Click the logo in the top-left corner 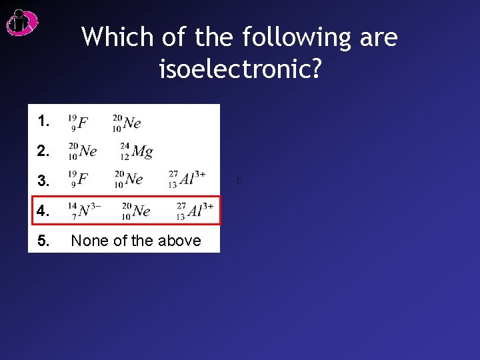pyautogui.click(x=21, y=23)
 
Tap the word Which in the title pyautogui.click(x=116, y=37)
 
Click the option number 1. pyautogui.click(x=43, y=121)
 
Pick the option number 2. pyautogui.click(x=43, y=151)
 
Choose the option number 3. pyautogui.click(x=43, y=181)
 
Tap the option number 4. pyautogui.click(x=43, y=211)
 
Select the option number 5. pyautogui.click(x=43, y=241)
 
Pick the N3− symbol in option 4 pyautogui.click(x=85, y=211)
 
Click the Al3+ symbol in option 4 pyautogui.click(x=195, y=211)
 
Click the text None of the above pyautogui.click(x=136, y=241)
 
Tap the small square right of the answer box pyautogui.click(x=238, y=181)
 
